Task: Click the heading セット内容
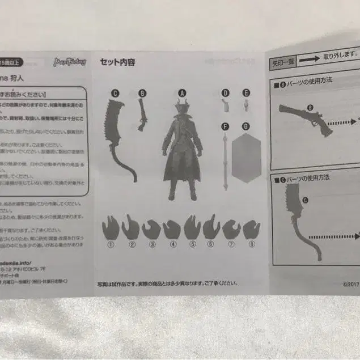pyautogui.click(x=117, y=63)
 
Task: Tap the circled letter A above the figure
pyautogui.click(x=182, y=92)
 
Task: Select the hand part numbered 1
pyautogui.click(x=111, y=228)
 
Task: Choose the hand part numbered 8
pyautogui.click(x=251, y=229)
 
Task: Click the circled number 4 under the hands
pyautogui.click(x=172, y=245)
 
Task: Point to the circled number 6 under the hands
pyautogui.click(x=210, y=245)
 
